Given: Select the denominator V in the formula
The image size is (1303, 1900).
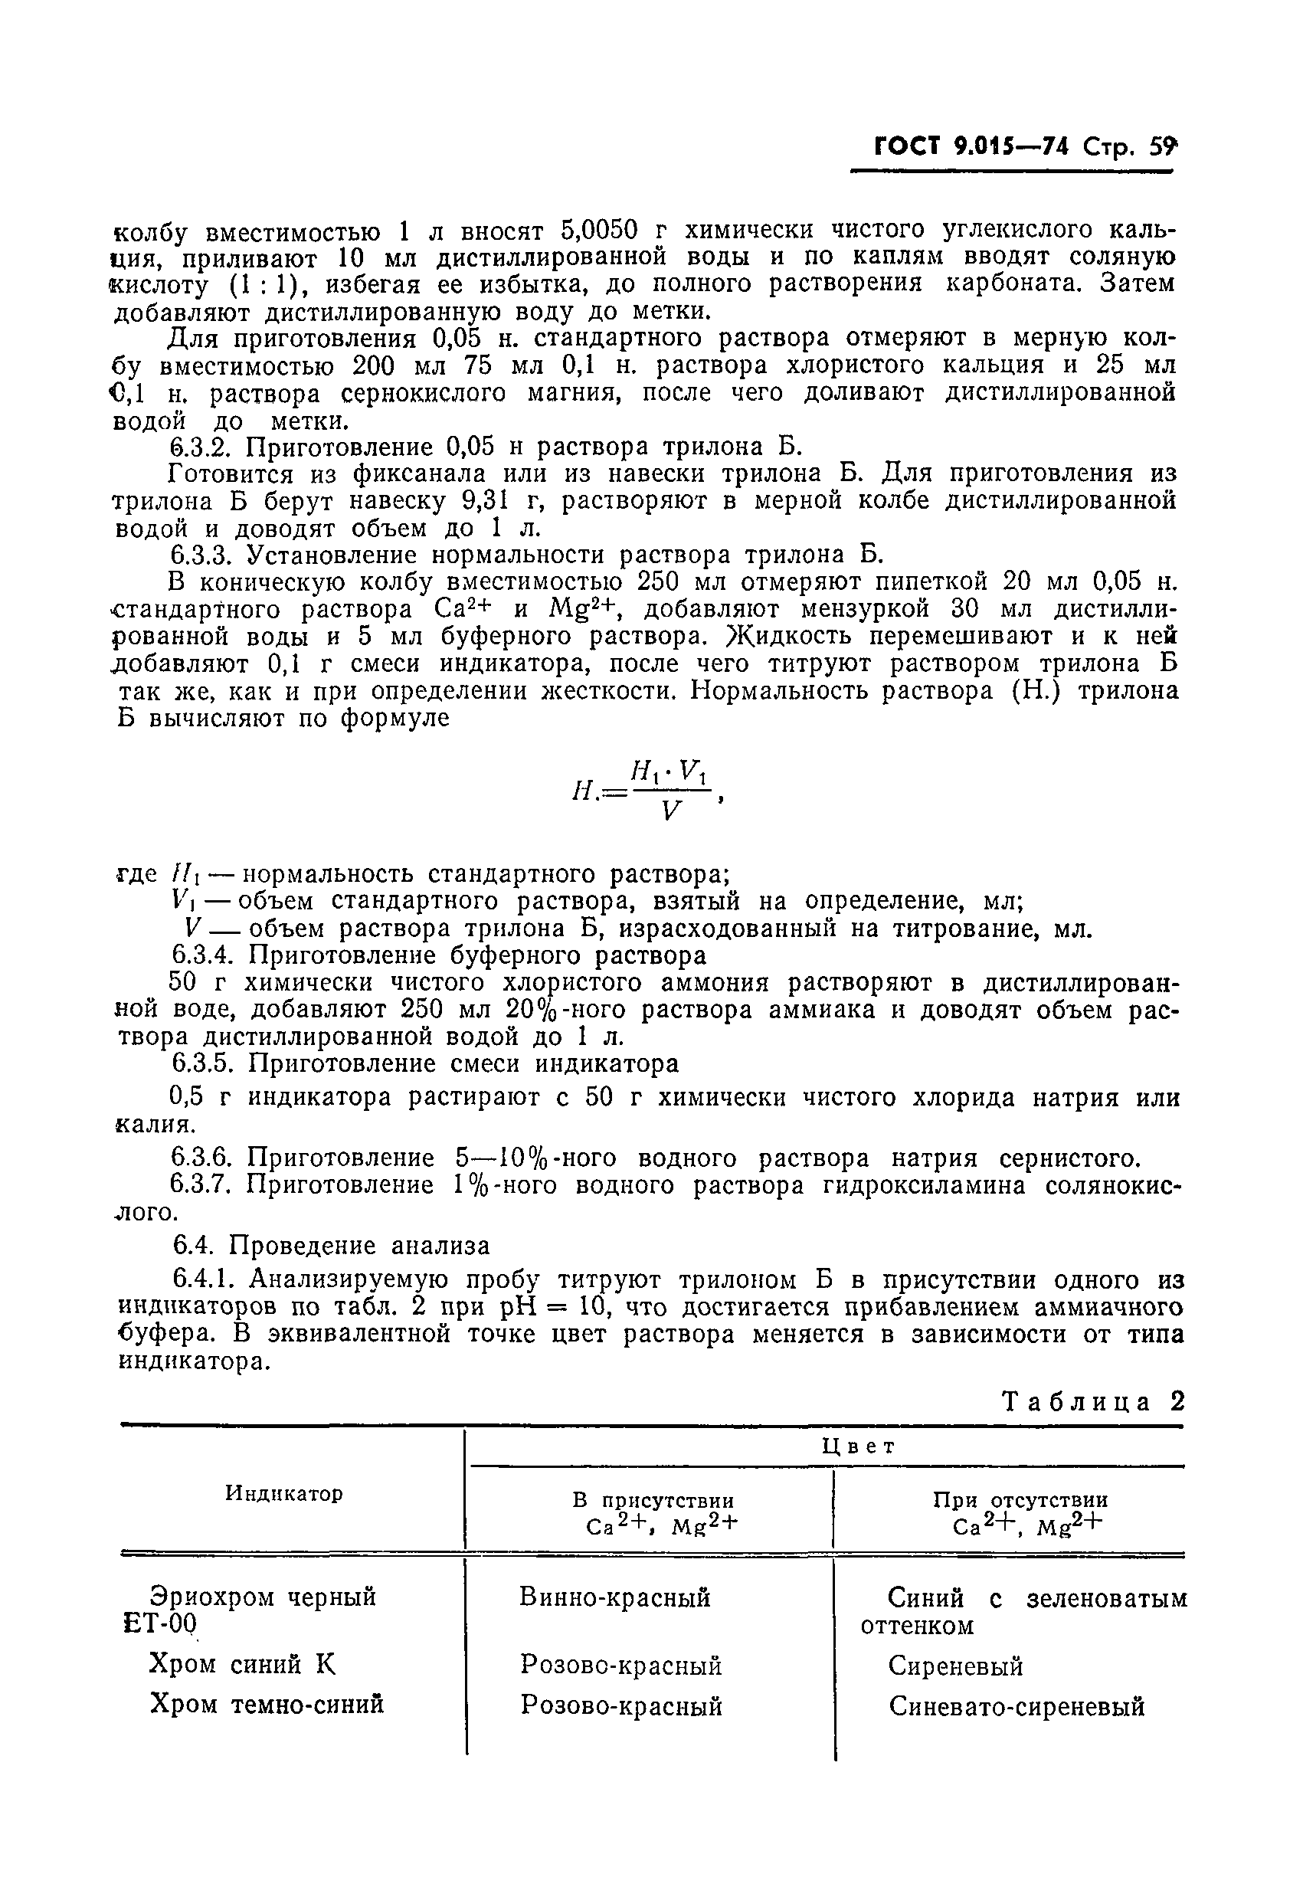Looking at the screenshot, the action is [x=670, y=811].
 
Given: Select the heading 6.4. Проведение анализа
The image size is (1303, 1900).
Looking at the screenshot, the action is [x=331, y=1246].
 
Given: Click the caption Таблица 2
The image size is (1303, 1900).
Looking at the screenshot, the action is [x=1093, y=1401].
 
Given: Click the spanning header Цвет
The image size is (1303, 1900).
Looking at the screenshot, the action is [x=858, y=1446].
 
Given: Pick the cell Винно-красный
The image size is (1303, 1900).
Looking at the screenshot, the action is [x=614, y=1597].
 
